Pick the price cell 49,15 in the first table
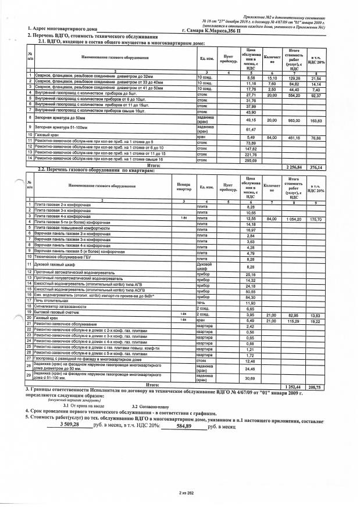click(x=251, y=120)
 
